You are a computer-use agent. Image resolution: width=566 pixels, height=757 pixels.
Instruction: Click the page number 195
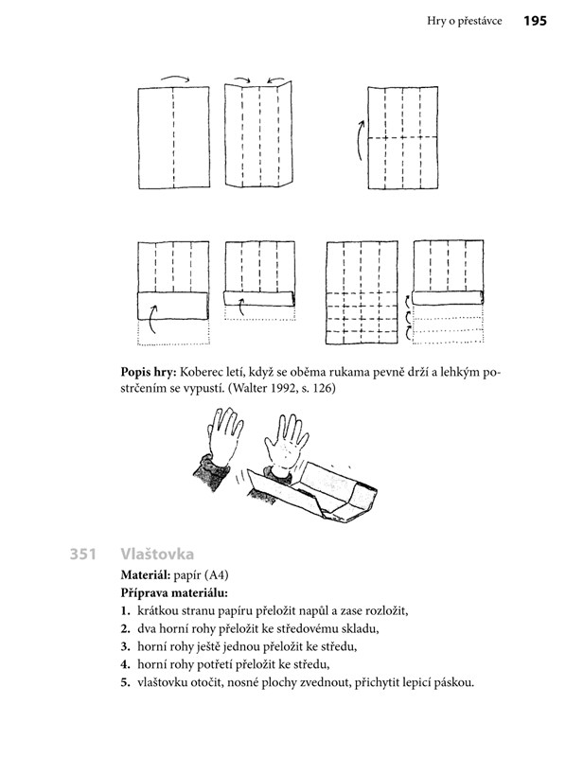tap(535, 21)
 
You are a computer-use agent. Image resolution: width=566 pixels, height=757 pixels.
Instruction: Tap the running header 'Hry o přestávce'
tap(464, 21)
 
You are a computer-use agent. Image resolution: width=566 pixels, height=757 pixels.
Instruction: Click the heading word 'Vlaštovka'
tap(157, 554)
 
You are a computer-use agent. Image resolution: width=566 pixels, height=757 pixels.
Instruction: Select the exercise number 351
tap(83, 554)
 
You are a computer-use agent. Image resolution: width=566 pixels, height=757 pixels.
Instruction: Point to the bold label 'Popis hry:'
tap(148, 373)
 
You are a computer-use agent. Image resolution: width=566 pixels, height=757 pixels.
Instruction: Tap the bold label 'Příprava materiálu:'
tap(174, 593)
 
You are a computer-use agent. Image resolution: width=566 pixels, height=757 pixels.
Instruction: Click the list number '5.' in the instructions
tap(126, 683)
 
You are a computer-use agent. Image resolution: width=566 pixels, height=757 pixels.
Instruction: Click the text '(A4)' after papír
tap(217, 575)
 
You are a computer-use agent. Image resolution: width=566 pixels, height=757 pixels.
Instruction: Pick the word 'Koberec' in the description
tap(200, 373)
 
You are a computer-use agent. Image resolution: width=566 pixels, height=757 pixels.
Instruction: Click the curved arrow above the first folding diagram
tap(175, 79)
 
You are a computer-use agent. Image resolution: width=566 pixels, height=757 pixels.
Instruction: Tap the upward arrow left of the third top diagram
tap(360, 140)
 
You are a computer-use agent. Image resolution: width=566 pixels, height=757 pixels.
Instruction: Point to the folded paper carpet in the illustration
tap(310, 493)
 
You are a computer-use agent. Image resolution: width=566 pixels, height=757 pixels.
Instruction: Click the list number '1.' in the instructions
tap(126, 611)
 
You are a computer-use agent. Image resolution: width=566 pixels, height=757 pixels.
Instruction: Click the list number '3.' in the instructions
tap(126, 647)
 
